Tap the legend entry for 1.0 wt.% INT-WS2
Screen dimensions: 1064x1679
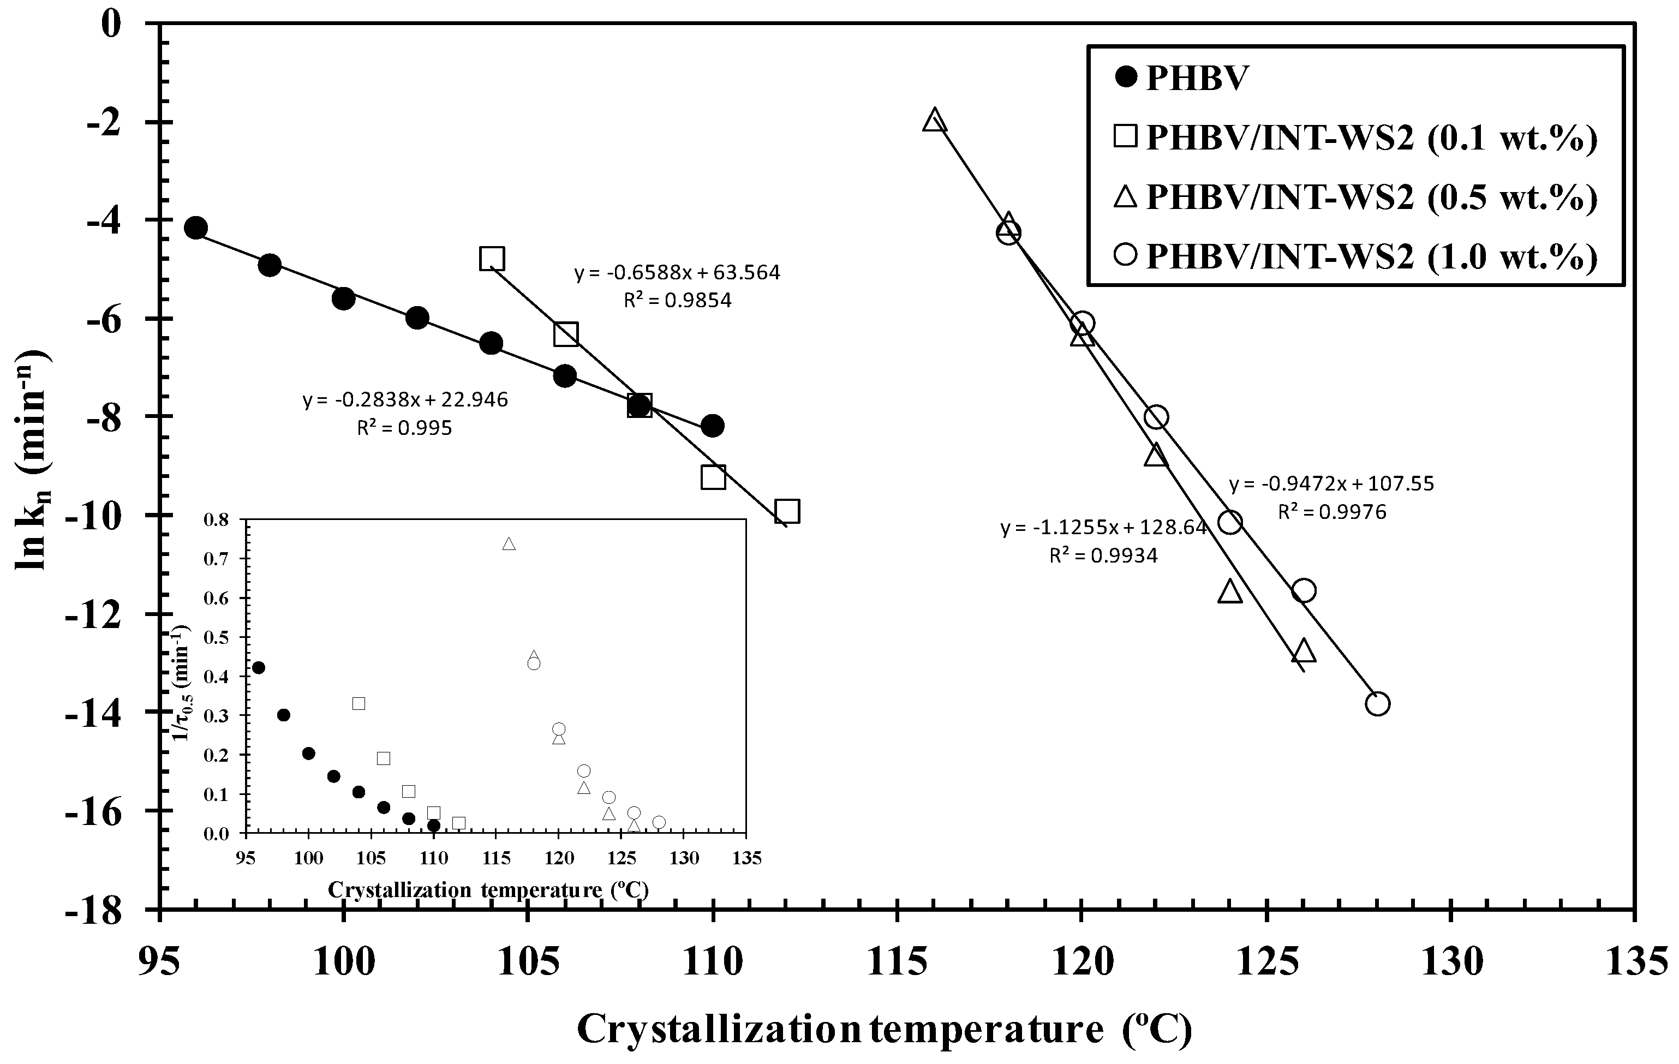click(1353, 256)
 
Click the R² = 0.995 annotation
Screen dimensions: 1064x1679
click(404, 427)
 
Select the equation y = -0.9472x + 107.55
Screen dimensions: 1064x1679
click(1331, 483)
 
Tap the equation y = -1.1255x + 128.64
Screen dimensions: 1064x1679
click(1104, 527)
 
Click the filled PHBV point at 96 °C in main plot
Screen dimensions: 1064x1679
click(196, 228)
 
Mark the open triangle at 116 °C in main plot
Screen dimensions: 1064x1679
click(934, 120)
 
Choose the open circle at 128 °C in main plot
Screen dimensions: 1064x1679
click(1377, 703)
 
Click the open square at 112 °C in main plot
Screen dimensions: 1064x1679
click(786, 511)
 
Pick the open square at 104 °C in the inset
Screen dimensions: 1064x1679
click(358, 703)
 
